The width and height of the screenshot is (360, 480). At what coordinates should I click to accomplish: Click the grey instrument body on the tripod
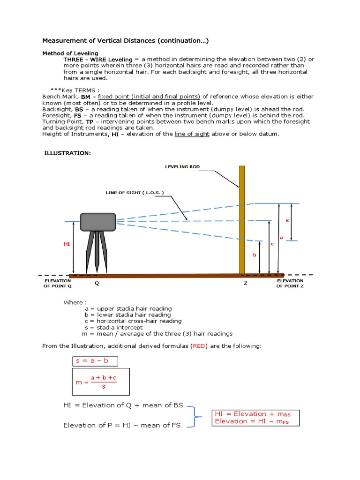(98, 222)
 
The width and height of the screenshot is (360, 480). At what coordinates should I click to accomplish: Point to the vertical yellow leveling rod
(242, 220)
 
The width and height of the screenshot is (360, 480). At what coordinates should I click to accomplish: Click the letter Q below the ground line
(97, 283)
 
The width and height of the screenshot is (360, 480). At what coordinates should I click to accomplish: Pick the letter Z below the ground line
(245, 283)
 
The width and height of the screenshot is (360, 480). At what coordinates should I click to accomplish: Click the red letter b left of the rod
(255, 255)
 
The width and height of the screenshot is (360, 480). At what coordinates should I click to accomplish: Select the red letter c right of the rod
(272, 243)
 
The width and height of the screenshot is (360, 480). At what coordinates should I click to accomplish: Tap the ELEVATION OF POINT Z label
(290, 283)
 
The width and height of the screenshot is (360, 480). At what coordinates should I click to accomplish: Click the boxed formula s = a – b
(95, 361)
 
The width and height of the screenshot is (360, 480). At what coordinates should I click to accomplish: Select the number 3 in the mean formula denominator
(103, 387)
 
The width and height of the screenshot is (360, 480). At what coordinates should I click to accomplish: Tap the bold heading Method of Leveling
(71, 53)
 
